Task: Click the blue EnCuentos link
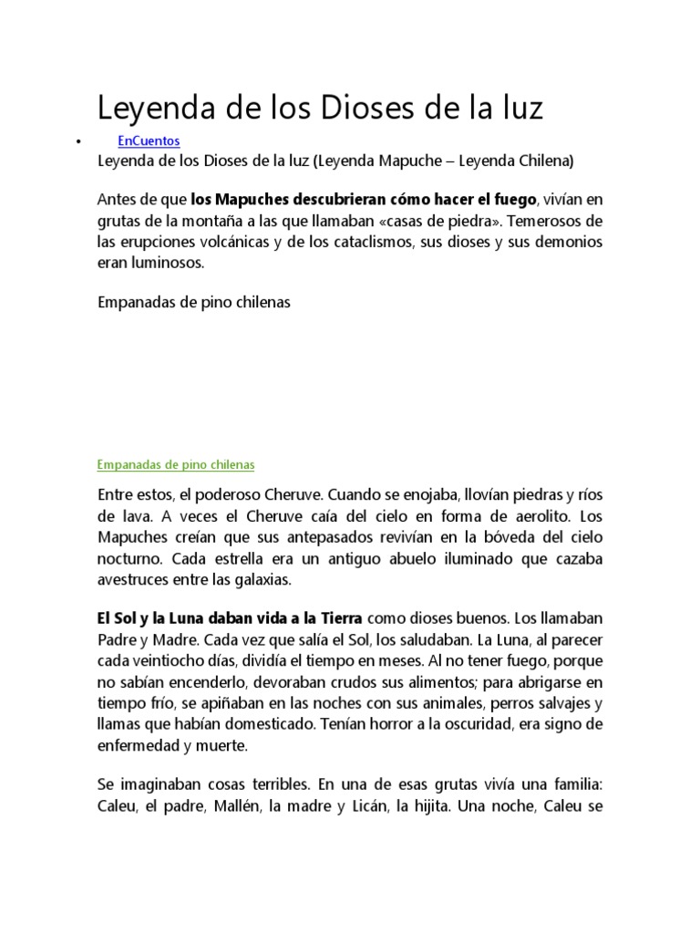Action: tap(149, 140)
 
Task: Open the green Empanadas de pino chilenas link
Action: tap(176, 464)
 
